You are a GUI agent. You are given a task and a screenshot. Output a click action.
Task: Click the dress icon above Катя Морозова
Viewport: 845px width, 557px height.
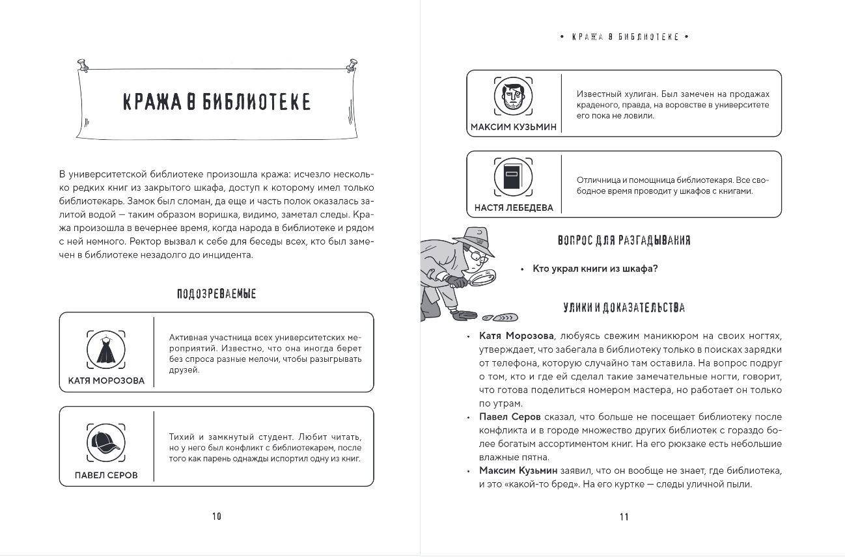pyautogui.click(x=106, y=350)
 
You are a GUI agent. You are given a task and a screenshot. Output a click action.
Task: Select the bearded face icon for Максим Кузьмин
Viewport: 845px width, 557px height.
pyautogui.click(x=513, y=97)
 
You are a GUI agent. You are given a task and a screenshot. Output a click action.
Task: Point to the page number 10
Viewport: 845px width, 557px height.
pyautogui.click(x=217, y=517)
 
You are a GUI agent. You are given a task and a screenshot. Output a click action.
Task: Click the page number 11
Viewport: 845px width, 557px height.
pyautogui.click(x=624, y=517)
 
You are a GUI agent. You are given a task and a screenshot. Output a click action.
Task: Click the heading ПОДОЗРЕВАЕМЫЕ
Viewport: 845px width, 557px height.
pyautogui.click(x=217, y=294)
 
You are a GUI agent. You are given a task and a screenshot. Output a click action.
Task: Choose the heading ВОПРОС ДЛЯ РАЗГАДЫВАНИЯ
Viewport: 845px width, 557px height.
pyautogui.click(x=624, y=241)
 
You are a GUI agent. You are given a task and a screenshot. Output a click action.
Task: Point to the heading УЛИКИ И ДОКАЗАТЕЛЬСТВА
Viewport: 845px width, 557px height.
pyautogui.click(x=624, y=308)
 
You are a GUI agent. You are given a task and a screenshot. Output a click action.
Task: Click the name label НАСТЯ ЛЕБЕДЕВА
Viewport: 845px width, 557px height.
pyautogui.click(x=513, y=208)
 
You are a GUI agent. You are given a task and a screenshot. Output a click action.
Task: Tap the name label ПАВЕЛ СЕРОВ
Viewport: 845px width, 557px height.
pyautogui.click(x=106, y=475)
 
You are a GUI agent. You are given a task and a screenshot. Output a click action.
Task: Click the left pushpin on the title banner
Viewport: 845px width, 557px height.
pyautogui.click(x=83, y=64)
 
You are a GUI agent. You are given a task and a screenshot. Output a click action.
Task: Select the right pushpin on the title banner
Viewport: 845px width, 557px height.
pyautogui.click(x=352, y=64)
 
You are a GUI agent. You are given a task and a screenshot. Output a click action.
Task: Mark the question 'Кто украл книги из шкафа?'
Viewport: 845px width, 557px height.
pyautogui.click(x=595, y=269)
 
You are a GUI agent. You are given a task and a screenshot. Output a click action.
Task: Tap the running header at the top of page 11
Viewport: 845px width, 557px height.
pyautogui.click(x=624, y=37)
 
